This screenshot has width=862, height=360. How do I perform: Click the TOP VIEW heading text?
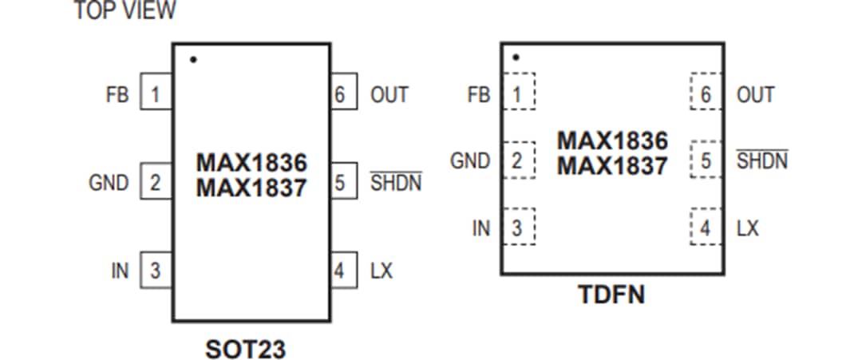(125, 11)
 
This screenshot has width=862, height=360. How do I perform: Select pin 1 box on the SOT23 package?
(156, 94)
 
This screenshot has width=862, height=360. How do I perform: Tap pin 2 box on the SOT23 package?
(156, 182)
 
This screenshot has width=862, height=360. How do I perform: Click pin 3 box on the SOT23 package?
(156, 271)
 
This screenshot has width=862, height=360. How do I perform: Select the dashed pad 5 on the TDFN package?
(706, 160)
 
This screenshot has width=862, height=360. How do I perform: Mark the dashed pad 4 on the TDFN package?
(706, 228)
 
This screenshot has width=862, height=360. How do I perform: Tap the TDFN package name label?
(611, 296)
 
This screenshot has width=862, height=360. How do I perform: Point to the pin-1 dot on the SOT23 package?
(193, 60)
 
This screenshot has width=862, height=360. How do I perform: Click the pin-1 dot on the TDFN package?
(516, 57)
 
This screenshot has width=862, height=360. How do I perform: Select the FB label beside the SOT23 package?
(117, 94)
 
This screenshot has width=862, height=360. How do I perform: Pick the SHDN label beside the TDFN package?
(761, 160)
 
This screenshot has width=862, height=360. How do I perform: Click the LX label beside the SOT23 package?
(382, 271)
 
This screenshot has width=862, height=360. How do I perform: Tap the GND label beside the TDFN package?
(470, 160)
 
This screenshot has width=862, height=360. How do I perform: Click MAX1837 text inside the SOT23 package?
(251, 189)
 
